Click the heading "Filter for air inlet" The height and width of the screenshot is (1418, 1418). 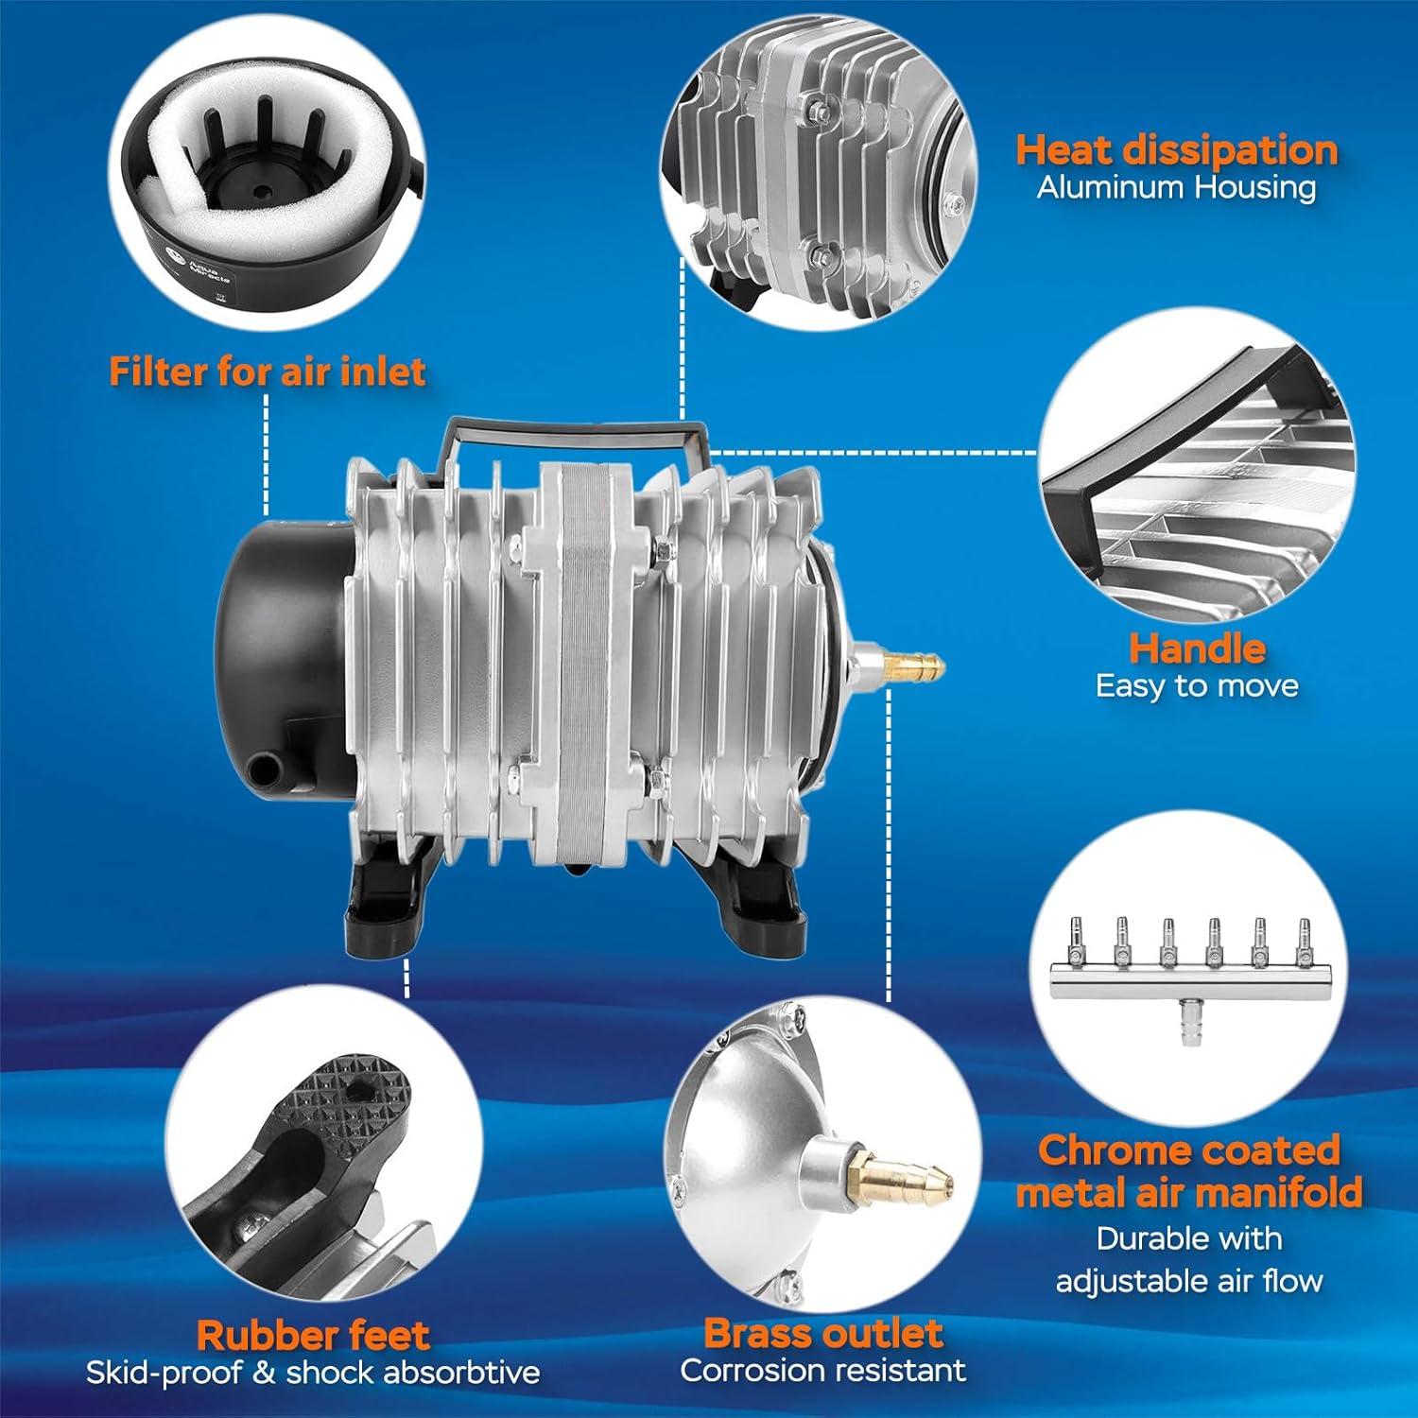point(268,372)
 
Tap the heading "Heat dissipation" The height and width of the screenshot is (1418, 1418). point(1177,150)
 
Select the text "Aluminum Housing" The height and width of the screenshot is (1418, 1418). point(1176,187)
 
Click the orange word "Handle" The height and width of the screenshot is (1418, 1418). point(1197,648)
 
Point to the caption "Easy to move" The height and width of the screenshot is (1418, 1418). point(1197,685)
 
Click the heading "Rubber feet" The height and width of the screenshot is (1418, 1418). point(313,1336)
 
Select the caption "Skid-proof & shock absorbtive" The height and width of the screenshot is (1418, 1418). point(313,1373)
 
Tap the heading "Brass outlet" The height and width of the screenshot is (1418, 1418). point(823,1333)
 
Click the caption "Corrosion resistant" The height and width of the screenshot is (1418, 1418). point(823,1370)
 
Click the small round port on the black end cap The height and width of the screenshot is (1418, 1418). point(265,764)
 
